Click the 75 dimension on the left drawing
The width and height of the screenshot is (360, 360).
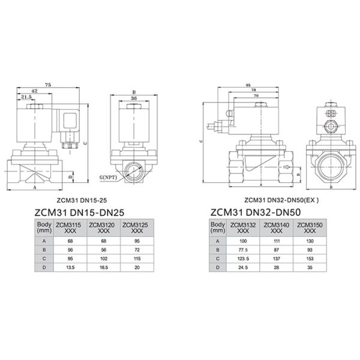coord(48,85)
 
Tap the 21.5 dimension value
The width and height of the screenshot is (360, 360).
coord(26,97)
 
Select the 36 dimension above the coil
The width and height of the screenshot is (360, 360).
coord(134,98)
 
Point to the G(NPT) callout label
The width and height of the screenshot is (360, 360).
coord(108,178)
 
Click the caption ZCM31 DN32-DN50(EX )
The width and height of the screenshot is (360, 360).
coord(281,200)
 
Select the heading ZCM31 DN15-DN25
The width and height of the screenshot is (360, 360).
coord(79,212)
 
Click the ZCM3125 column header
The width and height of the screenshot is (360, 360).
coord(137,228)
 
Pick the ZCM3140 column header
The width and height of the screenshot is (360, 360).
coord(277,228)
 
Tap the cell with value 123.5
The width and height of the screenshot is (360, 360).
coord(243,259)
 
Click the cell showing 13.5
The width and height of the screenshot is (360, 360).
coord(70,268)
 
